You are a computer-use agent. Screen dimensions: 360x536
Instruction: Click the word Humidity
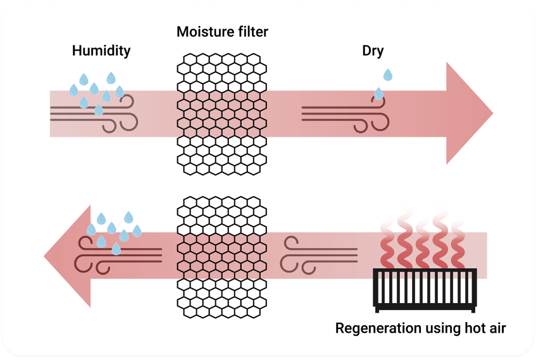pyautogui.click(x=101, y=51)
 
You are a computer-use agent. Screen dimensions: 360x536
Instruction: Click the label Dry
pyautogui.click(x=373, y=51)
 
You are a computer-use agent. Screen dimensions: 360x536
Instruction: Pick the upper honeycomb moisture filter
pyautogui.click(x=221, y=114)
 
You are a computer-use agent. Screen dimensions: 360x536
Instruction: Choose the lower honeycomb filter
pyautogui.click(x=221, y=256)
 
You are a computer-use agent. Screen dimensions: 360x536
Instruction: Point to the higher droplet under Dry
pyautogui.click(x=388, y=75)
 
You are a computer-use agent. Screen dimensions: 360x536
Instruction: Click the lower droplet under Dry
pyautogui.click(x=378, y=94)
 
